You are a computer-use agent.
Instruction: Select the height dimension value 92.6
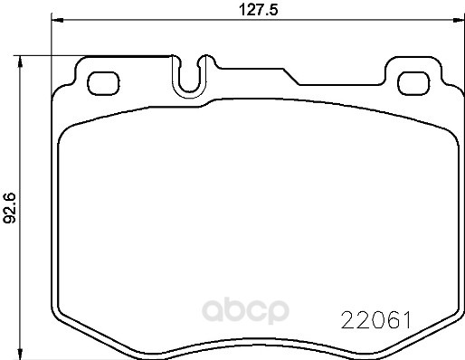coord(11,207)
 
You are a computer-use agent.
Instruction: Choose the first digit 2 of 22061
coord(346,320)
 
